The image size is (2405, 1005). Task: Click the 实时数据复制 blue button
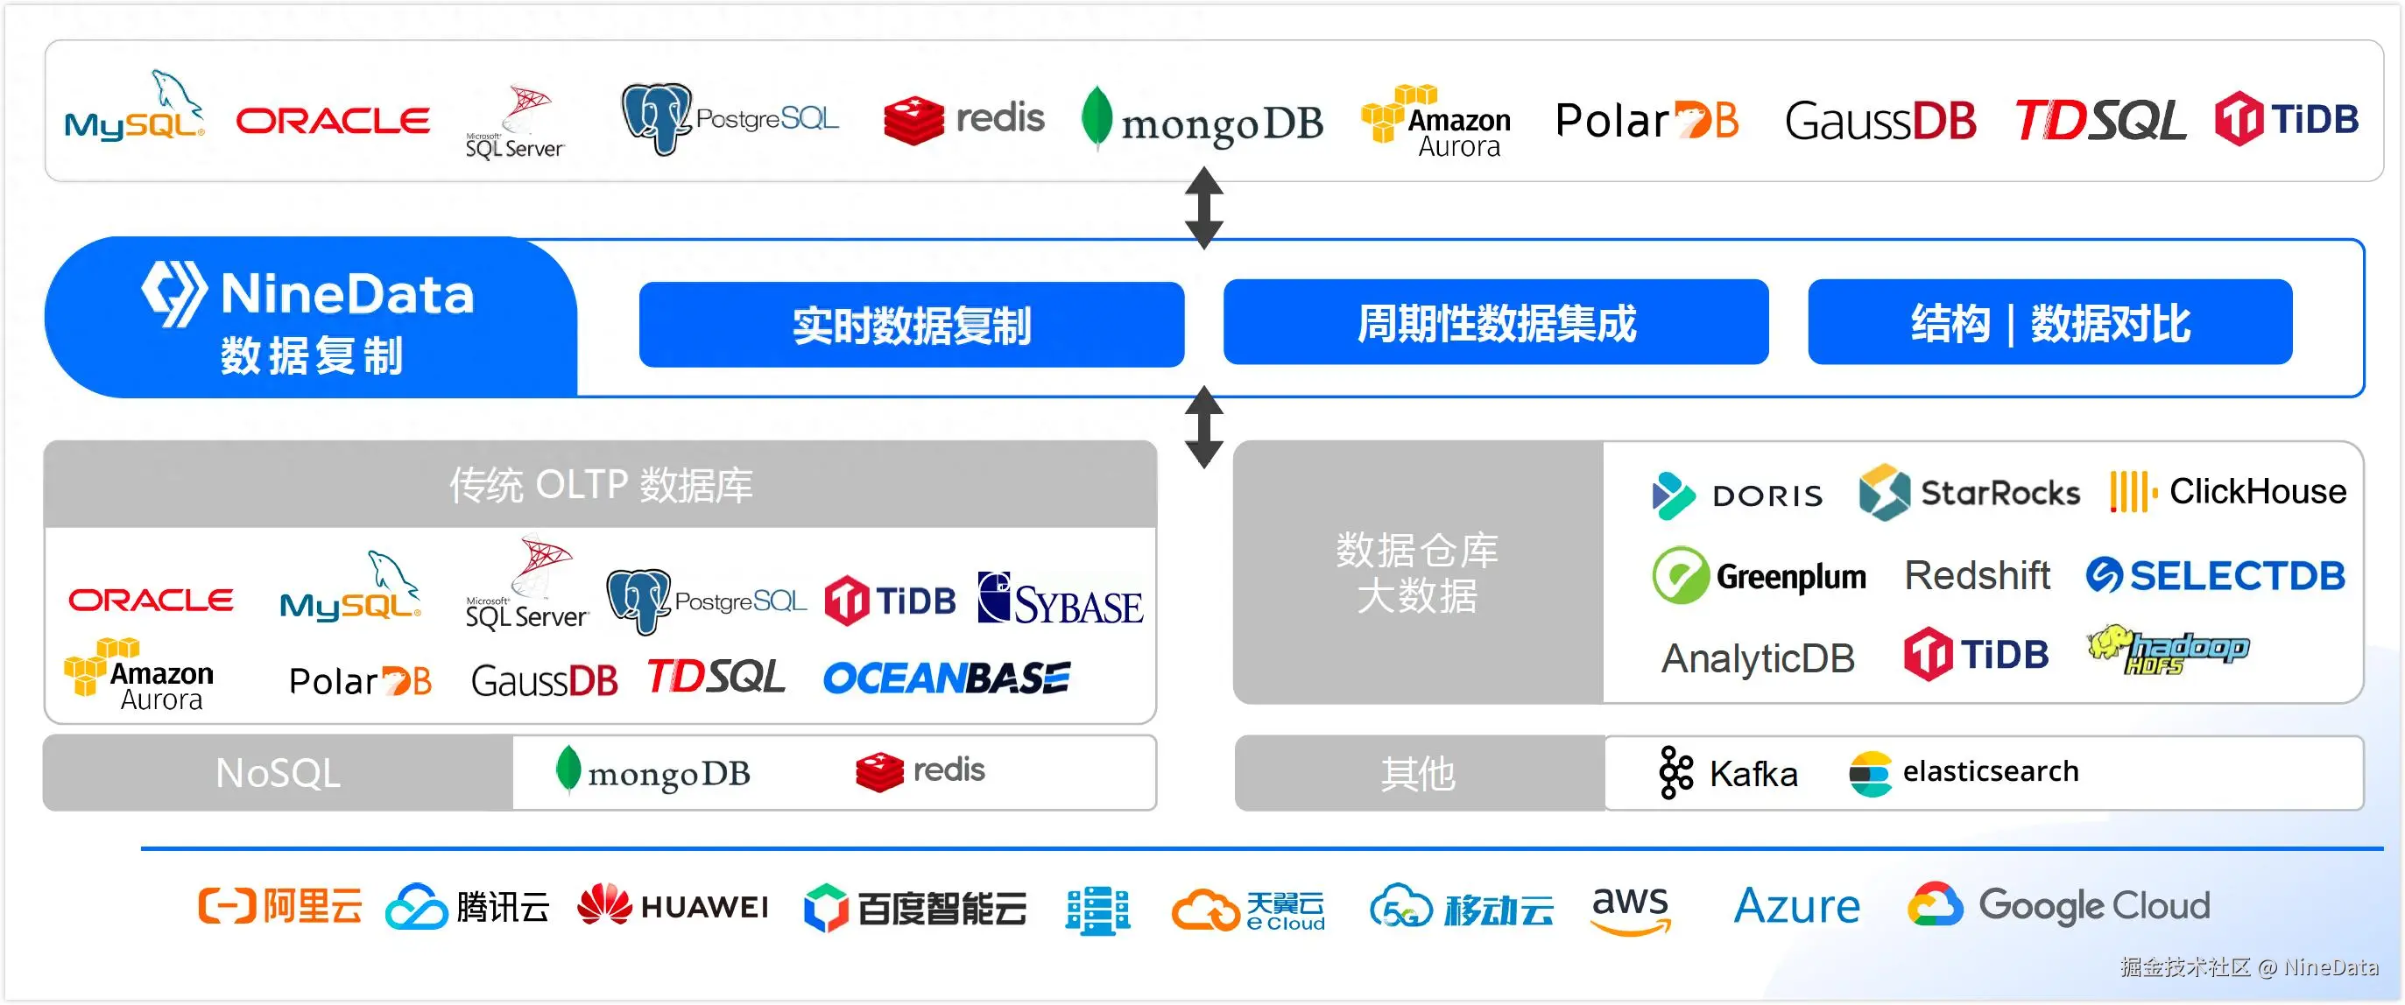[x=911, y=325]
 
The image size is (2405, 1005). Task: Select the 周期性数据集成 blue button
[x=1496, y=323]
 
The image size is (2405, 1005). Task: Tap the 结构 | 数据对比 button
[x=2049, y=323]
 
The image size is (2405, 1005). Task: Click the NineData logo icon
[x=173, y=293]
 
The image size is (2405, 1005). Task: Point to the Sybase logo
[x=1060, y=599]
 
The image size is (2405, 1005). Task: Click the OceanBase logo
[x=946, y=678]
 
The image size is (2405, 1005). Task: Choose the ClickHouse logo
[x=2227, y=491]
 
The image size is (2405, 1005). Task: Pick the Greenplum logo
[x=1759, y=576]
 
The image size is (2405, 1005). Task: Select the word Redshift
[x=1977, y=576]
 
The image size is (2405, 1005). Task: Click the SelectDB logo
[x=2216, y=576]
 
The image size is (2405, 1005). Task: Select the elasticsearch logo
[x=1964, y=773]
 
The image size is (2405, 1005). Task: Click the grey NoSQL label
[x=279, y=774]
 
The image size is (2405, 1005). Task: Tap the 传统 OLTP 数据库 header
[x=600, y=485]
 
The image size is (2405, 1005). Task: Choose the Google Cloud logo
[x=2059, y=905]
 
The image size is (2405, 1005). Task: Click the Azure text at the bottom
[x=1796, y=906]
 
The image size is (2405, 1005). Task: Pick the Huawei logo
[x=674, y=906]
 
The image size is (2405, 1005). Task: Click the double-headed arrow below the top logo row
[x=1203, y=208]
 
